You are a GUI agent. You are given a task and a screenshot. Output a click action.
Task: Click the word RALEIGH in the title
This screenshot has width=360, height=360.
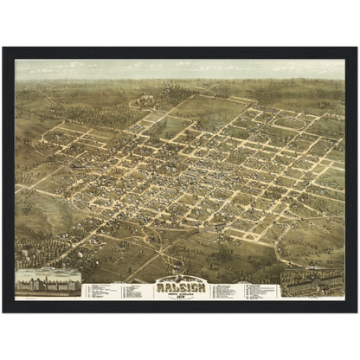179,286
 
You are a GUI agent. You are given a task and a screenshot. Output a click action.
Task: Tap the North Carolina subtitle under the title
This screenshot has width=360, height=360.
179,292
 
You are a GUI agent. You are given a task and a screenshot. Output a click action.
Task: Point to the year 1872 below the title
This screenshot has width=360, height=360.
179,296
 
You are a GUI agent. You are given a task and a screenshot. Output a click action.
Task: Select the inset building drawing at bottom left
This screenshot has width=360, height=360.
48,283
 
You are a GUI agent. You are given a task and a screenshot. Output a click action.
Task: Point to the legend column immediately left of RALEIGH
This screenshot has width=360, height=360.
132,291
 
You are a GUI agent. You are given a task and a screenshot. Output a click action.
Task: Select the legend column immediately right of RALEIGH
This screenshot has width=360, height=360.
227,291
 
